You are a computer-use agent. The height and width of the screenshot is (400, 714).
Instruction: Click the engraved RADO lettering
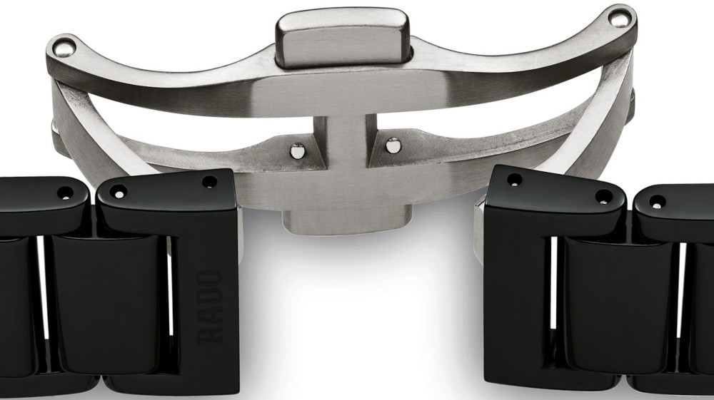tap(211, 307)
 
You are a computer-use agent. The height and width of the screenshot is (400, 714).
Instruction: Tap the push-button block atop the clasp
tap(343, 37)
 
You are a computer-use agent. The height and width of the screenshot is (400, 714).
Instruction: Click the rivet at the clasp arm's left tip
tap(64, 47)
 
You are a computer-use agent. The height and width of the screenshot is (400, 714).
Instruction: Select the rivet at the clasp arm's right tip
tap(619, 19)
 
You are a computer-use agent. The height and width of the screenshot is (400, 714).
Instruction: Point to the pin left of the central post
tap(298, 150)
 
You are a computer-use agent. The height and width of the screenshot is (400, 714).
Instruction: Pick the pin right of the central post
tap(393, 145)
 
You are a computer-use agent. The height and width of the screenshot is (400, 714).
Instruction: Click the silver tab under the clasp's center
tap(346, 221)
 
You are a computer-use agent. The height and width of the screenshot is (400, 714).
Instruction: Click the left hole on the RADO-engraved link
tap(119, 193)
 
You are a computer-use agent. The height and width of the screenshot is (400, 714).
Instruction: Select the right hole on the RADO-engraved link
tap(209, 183)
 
